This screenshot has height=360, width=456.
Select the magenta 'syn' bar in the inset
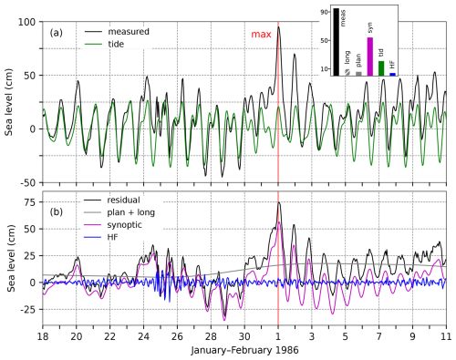(370, 57)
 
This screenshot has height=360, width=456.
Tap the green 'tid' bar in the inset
(381, 68)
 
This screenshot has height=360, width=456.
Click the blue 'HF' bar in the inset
(392, 74)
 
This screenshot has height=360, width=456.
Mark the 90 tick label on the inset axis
(324, 12)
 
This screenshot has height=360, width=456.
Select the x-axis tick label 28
(211, 336)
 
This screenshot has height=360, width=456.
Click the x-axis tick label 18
(43, 336)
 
